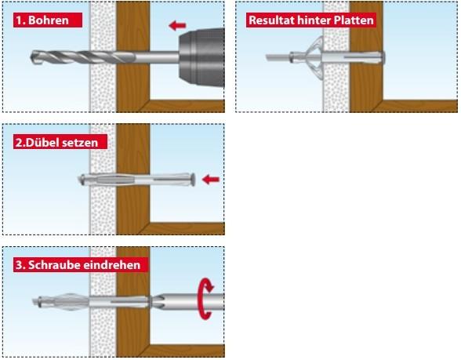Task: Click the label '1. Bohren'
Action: (x=47, y=20)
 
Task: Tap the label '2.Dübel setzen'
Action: (x=60, y=143)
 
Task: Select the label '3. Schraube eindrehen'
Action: (x=81, y=265)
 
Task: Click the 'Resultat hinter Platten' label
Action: (x=311, y=20)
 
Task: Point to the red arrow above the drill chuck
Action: (x=177, y=26)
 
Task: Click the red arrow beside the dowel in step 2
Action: (x=211, y=179)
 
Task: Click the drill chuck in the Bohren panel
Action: (x=202, y=57)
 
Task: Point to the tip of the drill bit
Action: (x=31, y=57)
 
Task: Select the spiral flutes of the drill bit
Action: (x=79, y=57)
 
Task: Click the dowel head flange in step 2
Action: (x=193, y=179)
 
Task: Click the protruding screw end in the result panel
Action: (x=278, y=57)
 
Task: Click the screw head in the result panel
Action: (x=383, y=58)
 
